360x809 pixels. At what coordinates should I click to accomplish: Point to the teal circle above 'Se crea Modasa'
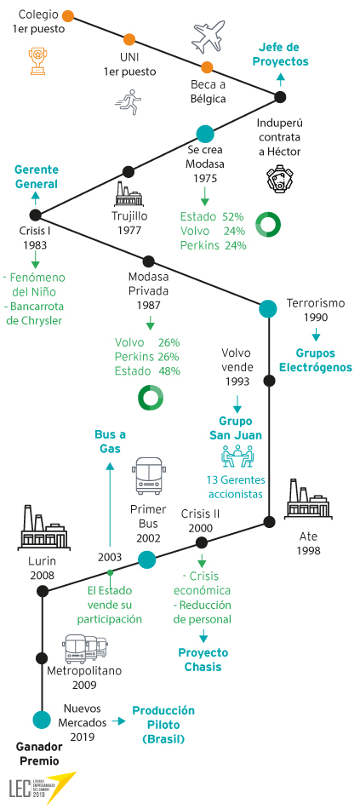(205, 135)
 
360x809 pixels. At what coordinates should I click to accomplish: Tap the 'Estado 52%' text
(212, 216)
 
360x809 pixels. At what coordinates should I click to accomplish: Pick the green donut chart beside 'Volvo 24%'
(269, 225)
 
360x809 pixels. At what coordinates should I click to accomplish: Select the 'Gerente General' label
(36, 176)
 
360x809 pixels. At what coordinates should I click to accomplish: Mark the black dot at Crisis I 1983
(35, 215)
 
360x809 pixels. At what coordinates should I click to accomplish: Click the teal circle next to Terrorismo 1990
(268, 309)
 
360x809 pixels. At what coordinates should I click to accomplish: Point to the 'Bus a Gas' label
(110, 442)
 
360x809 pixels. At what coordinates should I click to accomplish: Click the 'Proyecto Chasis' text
(203, 659)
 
